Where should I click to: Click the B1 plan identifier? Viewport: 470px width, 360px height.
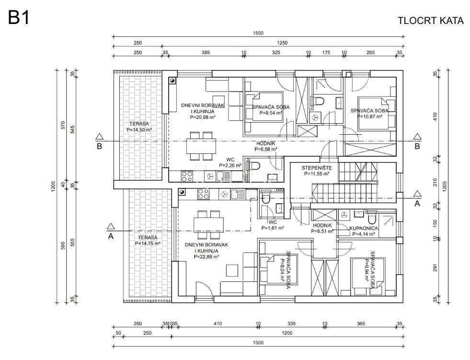(x=19, y=17)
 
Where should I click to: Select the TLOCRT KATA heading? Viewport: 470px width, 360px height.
(x=430, y=21)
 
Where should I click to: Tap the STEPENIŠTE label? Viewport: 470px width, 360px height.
(x=317, y=168)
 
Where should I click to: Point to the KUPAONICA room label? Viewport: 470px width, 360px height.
(x=364, y=228)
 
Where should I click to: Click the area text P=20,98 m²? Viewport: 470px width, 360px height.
(x=203, y=117)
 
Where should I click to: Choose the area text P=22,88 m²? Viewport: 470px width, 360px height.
(x=206, y=256)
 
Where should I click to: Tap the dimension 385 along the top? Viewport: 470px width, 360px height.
(x=206, y=53)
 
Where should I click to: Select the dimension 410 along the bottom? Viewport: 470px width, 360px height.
(x=218, y=324)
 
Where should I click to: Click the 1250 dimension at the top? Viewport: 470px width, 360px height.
(x=282, y=43)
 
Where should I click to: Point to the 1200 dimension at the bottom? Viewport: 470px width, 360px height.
(x=287, y=333)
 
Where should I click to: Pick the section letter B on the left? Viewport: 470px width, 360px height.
(x=99, y=146)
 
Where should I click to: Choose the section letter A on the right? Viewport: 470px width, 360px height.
(x=417, y=203)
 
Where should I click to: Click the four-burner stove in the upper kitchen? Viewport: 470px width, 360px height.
(x=187, y=176)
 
